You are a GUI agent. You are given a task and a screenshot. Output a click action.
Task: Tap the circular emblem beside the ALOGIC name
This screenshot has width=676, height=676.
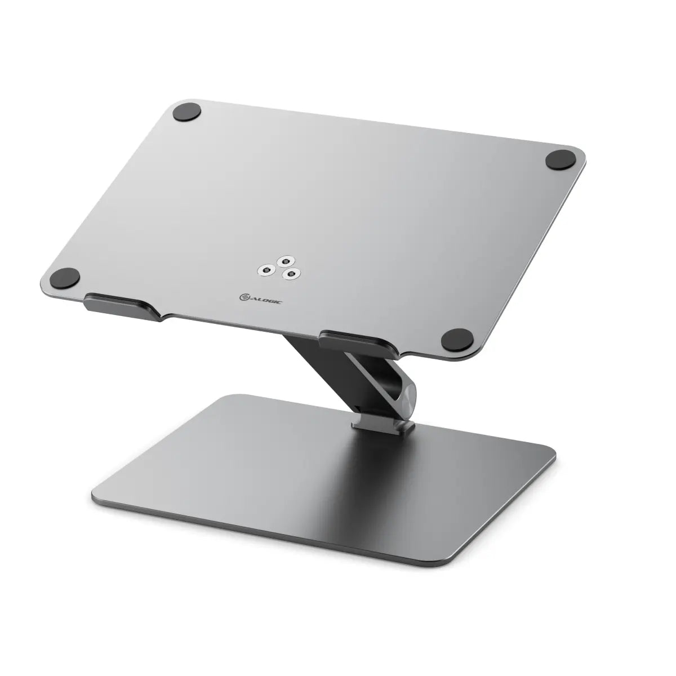point(243,296)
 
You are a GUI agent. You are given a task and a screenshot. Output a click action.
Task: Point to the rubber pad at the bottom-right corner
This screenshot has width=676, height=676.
point(455,340)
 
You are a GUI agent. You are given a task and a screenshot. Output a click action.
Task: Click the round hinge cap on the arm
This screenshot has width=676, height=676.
point(407,395)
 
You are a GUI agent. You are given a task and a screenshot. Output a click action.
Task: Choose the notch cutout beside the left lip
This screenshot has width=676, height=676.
point(163,315)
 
